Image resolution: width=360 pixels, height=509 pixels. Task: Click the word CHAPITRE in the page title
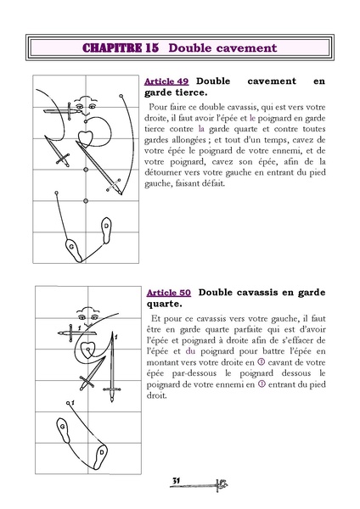(117, 48)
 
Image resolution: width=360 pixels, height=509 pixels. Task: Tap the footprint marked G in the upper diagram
(71, 247)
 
